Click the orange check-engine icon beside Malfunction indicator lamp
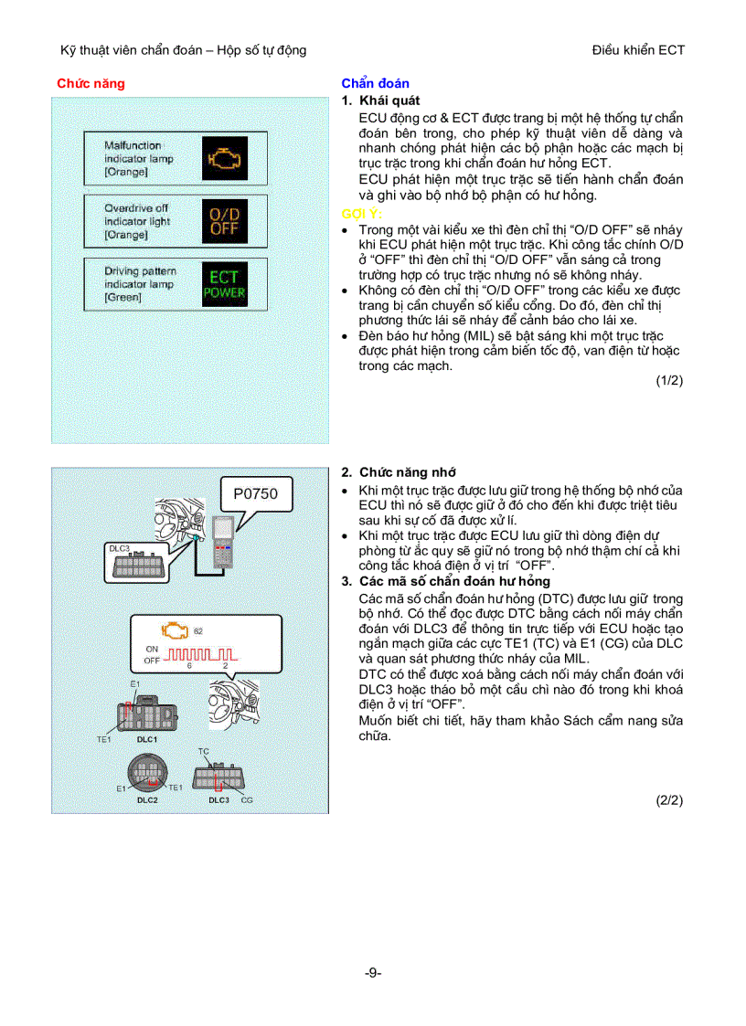point(221,158)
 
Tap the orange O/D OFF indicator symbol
point(223,221)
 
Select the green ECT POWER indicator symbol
point(224,284)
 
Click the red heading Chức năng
point(91,83)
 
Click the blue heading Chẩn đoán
point(375,83)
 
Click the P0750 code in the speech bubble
point(255,494)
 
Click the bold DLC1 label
point(147,738)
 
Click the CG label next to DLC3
point(247,799)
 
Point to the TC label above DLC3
point(203,751)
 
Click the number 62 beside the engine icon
point(198,631)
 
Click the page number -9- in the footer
point(372,973)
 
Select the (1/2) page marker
point(669,381)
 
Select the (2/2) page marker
point(669,799)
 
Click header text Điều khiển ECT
point(638,50)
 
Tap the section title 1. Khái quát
point(380,100)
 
